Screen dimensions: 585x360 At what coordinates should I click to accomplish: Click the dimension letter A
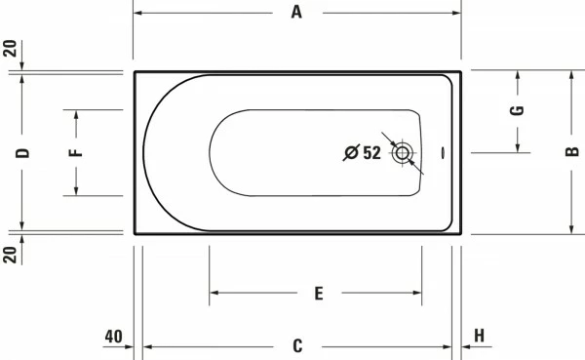pyautogui.click(x=296, y=13)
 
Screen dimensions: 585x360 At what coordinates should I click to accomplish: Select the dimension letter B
pyautogui.click(x=572, y=151)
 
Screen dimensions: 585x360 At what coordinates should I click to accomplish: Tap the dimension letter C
pyautogui.click(x=297, y=345)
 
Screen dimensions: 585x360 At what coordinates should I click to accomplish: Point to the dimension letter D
pyautogui.click(x=22, y=153)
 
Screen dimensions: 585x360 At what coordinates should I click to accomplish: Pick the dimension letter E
pyautogui.click(x=319, y=294)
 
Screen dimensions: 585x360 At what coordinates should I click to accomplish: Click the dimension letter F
pyautogui.click(x=76, y=152)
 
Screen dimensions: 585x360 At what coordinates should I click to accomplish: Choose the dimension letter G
pyautogui.click(x=517, y=110)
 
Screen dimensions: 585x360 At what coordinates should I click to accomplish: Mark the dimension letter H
pyautogui.click(x=479, y=336)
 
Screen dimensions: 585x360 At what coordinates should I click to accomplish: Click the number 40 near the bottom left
pyautogui.click(x=113, y=337)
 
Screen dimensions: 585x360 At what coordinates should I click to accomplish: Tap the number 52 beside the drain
pyautogui.click(x=372, y=153)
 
